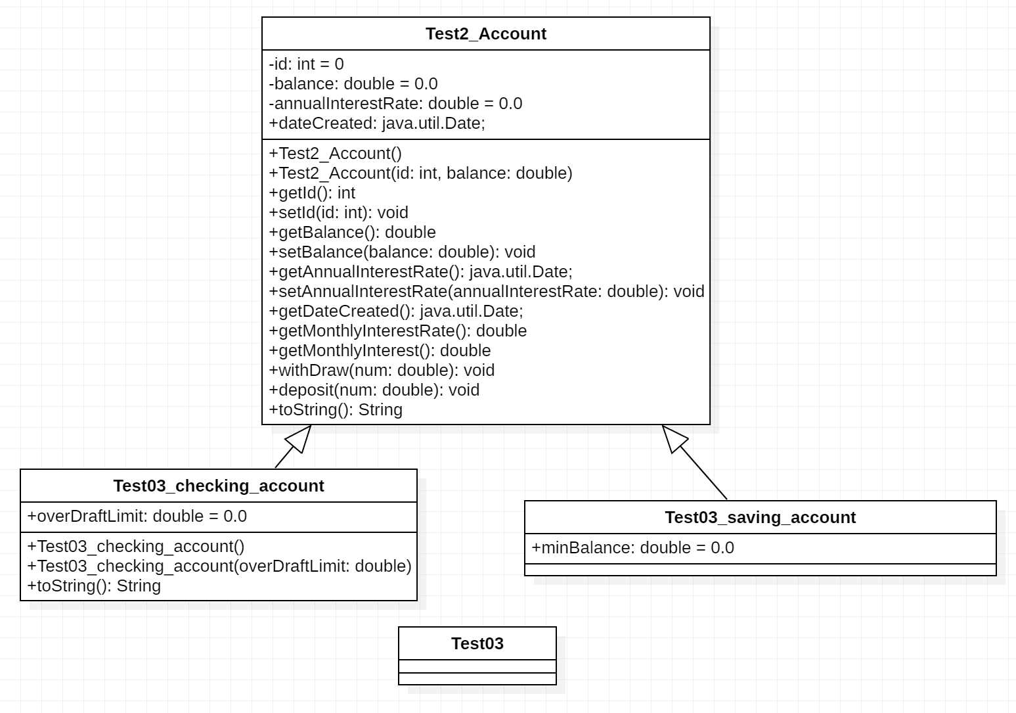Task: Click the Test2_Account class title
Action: click(485, 34)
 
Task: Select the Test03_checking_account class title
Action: click(218, 486)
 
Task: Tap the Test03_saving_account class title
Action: click(760, 518)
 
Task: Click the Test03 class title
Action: click(477, 644)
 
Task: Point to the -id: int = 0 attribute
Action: click(306, 64)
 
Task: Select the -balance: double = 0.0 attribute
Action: click(353, 84)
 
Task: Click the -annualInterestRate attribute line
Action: click(395, 104)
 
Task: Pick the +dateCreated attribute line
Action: click(377, 124)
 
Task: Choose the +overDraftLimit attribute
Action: click(137, 517)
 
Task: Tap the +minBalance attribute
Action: click(632, 548)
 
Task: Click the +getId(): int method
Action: click(312, 193)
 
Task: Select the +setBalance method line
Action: click(402, 252)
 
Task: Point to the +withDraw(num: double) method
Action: click(382, 371)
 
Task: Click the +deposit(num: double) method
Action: click(374, 390)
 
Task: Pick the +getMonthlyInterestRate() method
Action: click(397, 331)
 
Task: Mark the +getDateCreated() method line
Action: click(396, 311)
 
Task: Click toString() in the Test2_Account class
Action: click(336, 410)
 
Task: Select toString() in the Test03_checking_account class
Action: click(94, 586)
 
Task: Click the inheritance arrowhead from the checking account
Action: click(299, 439)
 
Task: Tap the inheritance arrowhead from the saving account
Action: click(674, 439)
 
